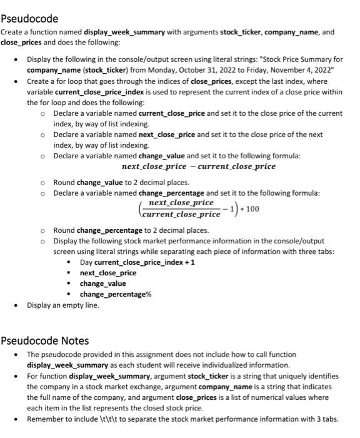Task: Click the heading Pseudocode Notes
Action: coord(45,341)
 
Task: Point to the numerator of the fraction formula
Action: coord(181,203)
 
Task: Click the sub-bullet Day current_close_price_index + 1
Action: coord(137,262)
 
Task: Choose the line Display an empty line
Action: coord(62,305)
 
